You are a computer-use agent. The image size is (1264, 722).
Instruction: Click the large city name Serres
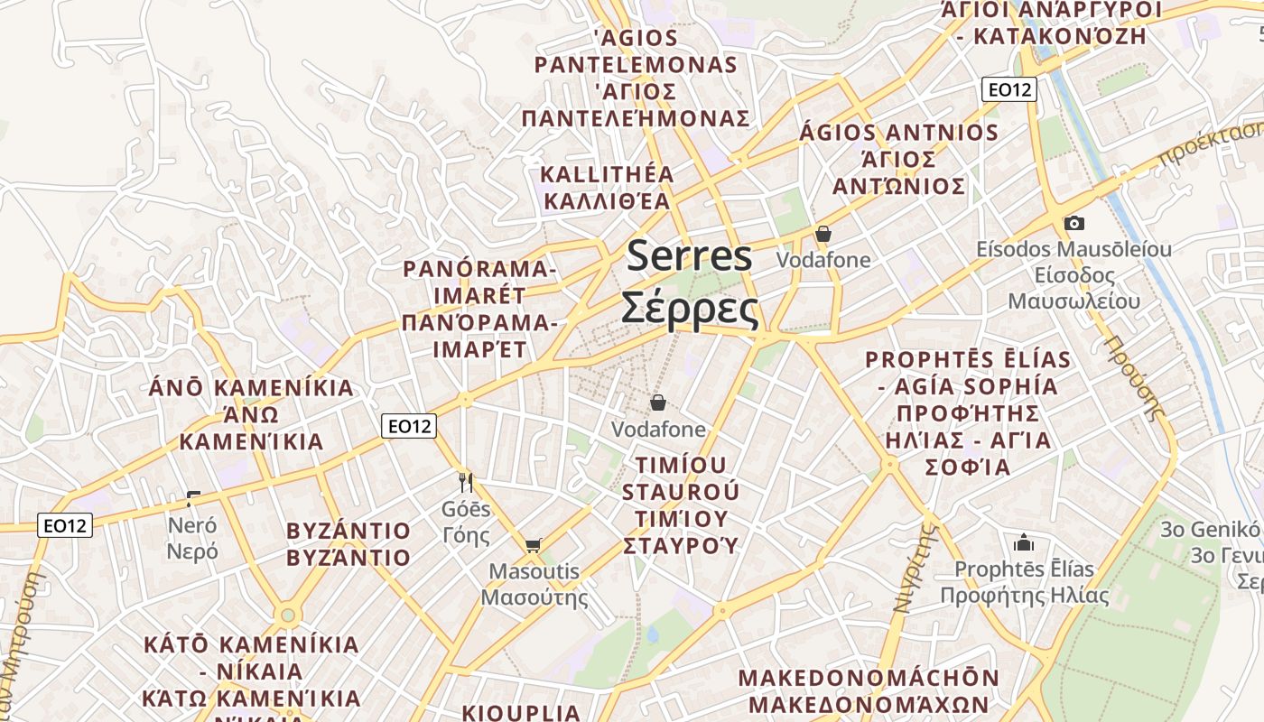tap(689, 256)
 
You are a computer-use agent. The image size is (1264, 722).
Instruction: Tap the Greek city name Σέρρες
tap(689, 309)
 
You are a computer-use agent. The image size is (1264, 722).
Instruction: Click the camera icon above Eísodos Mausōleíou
tap(1074, 223)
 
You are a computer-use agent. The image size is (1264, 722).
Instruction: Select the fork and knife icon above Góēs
tap(466, 482)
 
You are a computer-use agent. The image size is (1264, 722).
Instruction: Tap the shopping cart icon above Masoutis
tap(534, 544)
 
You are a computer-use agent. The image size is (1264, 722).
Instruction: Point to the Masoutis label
tap(534, 571)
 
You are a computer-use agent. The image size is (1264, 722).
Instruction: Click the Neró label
tap(192, 524)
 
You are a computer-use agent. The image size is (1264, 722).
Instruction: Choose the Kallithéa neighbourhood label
tap(607, 174)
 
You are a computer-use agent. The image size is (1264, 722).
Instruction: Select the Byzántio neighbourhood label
tap(349, 531)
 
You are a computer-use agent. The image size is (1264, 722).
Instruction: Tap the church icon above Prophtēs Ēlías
tap(1023, 542)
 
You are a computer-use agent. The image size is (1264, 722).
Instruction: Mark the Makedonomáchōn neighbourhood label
tap(869, 678)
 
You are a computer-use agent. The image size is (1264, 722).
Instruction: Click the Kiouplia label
tap(521, 712)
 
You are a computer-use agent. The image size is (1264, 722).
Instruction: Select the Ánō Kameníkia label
tap(251, 388)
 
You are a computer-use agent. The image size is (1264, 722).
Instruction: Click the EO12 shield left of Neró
tap(65, 524)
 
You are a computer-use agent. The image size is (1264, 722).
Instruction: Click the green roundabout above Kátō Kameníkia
tap(288, 616)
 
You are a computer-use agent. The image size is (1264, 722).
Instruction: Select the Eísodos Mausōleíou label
tap(1073, 249)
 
